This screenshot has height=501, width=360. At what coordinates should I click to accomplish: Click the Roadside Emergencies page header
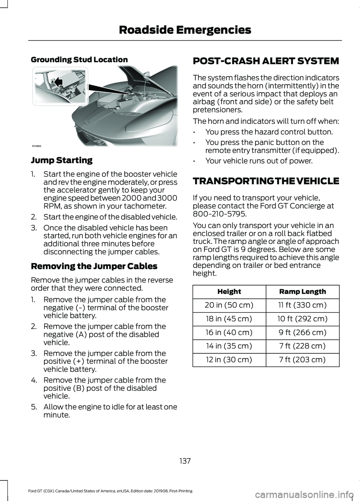185,30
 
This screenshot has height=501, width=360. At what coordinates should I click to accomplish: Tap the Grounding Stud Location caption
79,60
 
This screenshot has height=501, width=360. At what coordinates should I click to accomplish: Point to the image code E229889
36,146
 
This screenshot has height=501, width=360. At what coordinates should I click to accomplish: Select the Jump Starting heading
61,160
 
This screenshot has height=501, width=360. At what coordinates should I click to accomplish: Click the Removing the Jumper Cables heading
94,266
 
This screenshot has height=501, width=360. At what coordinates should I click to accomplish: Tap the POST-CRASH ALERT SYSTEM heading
266,61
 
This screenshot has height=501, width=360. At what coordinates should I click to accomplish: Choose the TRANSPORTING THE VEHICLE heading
266,181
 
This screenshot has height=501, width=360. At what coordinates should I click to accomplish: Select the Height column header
229,292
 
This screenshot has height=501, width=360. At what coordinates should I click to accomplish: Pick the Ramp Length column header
303,292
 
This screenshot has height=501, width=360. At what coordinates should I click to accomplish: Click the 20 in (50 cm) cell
229,305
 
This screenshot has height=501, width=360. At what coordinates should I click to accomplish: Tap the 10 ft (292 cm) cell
303,319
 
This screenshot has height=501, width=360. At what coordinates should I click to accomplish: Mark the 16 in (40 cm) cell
229,332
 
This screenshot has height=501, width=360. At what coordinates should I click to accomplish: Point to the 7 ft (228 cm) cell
303,346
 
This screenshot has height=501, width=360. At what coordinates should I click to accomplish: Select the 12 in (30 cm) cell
229,359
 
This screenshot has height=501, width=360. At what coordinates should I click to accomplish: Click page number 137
185,461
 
